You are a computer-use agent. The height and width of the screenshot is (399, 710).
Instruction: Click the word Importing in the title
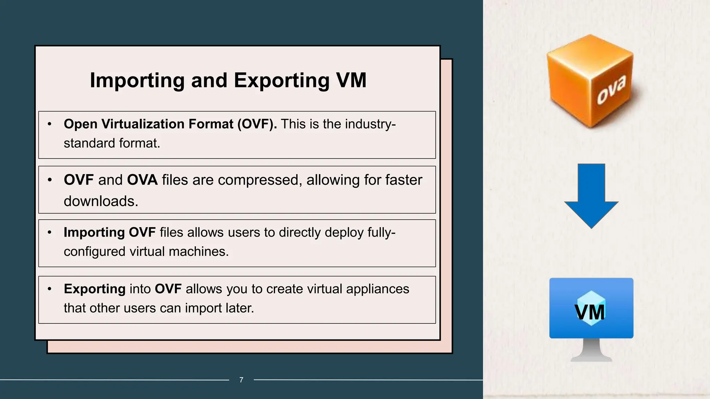(x=137, y=81)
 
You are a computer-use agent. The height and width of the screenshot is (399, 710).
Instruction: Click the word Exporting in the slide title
(x=282, y=81)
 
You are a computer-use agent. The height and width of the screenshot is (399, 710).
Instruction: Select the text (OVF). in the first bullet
(x=257, y=124)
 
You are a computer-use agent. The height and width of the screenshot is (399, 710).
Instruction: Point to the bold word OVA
(x=142, y=180)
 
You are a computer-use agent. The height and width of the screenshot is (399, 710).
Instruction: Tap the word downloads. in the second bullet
(x=101, y=201)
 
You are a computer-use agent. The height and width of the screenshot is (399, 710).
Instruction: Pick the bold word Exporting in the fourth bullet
(x=94, y=289)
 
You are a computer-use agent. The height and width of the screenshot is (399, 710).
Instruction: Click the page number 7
(x=241, y=380)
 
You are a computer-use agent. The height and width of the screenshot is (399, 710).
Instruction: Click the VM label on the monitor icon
(x=590, y=312)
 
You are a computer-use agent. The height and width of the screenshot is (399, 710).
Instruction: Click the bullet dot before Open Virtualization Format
(x=50, y=124)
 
